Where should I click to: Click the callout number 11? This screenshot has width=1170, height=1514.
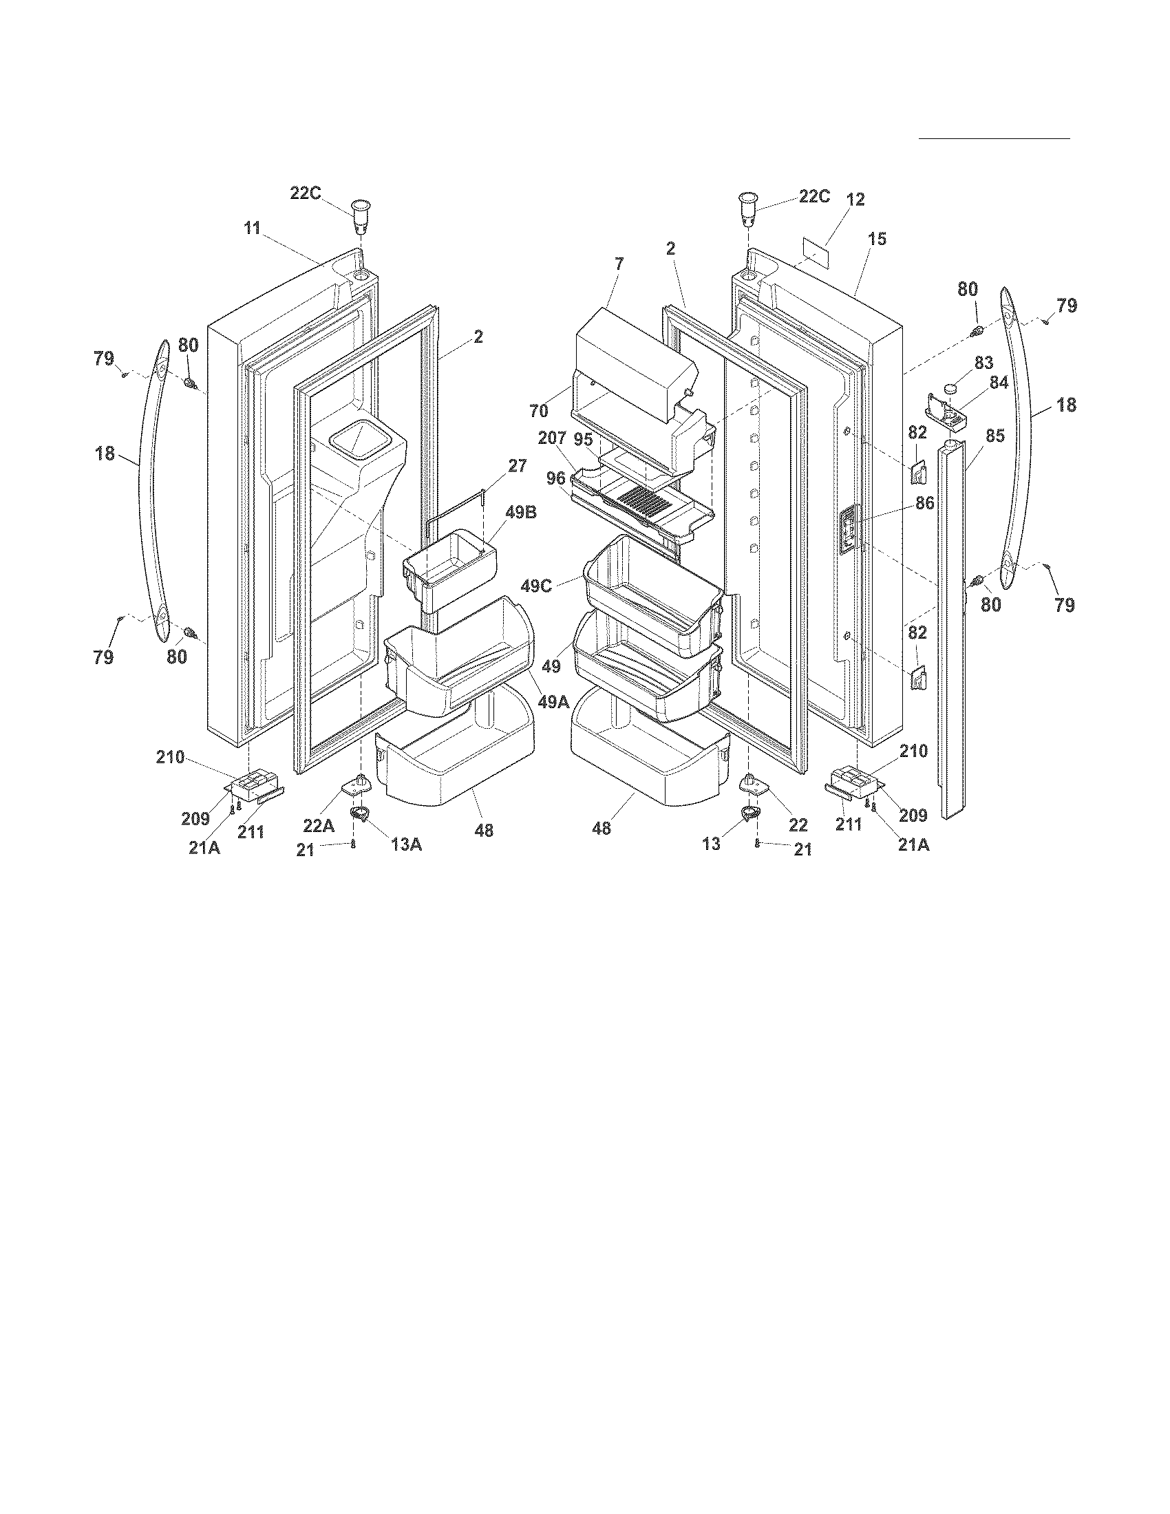tap(252, 228)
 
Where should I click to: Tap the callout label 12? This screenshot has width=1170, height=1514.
tap(855, 200)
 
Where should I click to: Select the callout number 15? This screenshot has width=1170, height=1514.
tap(876, 239)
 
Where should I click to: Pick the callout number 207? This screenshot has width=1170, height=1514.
tap(553, 438)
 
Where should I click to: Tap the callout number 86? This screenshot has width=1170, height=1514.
tap(924, 503)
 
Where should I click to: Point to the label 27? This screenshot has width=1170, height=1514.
tap(517, 465)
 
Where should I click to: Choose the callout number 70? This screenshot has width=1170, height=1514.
tap(539, 411)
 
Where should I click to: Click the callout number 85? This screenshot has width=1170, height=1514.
tap(994, 437)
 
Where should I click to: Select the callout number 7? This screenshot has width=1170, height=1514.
tap(618, 264)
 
